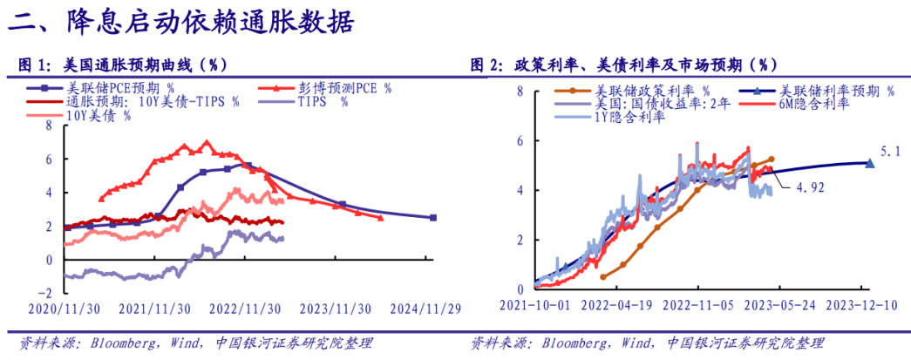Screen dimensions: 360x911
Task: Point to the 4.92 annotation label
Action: (810, 186)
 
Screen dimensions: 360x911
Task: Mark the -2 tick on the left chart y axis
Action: (48, 293)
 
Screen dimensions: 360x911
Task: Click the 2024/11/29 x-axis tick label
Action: (425, 309)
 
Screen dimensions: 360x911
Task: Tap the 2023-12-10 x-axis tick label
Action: (860, 306)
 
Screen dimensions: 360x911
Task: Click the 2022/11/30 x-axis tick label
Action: (246, 309)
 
